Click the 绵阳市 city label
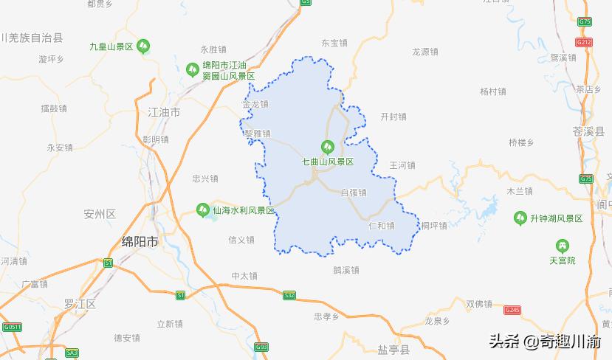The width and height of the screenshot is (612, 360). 139,241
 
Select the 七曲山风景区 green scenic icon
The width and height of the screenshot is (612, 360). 327,147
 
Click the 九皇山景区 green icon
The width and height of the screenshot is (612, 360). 143,46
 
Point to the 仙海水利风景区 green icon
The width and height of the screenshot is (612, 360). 202,210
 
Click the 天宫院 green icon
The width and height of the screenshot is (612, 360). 562,246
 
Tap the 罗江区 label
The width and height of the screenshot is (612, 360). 80,303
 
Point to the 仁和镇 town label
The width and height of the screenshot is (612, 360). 381,226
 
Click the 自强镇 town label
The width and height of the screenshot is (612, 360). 353,193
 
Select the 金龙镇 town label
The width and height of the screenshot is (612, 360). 255,104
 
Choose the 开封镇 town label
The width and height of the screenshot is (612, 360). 393,117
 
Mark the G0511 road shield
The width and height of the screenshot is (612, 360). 11,327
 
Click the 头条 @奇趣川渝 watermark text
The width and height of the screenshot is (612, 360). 545,342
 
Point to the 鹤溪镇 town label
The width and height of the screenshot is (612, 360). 345,270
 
